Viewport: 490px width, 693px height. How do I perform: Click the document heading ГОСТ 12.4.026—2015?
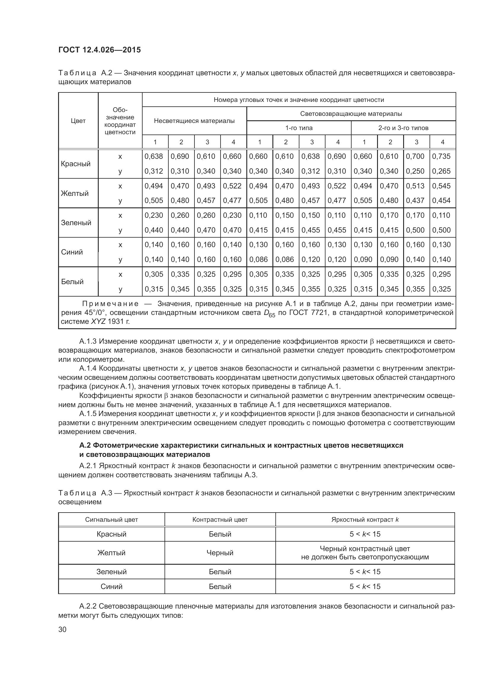[x=99, y=50]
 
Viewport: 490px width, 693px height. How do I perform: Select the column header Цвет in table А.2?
[x=78, y=121]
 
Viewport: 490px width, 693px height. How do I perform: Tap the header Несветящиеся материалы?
[x=194, y=121]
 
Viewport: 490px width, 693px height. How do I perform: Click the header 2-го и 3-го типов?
[x=403, y=128]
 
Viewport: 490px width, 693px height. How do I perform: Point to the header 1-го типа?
[x=299, y=128]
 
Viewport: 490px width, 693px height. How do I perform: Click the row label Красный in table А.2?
[x=76, y=164]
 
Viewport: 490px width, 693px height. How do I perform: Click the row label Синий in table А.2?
[x=72, y=252]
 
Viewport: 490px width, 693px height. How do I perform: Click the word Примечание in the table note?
[x=111, y=304]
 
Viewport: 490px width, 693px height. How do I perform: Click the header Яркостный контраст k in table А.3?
[x=365, y=520]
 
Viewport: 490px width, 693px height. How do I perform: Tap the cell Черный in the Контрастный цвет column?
[x=220, y=553]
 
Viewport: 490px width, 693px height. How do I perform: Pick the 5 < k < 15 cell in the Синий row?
[x=365, y=586]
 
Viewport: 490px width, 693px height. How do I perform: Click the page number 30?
[x=63, y=630]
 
